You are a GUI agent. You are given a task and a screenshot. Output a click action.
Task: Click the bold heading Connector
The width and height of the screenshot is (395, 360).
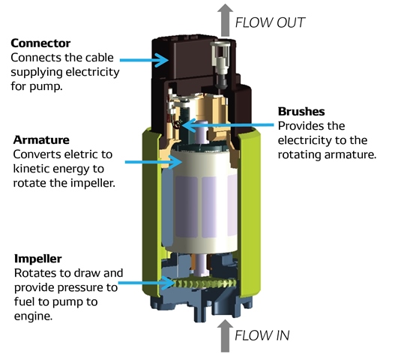pos(40,43)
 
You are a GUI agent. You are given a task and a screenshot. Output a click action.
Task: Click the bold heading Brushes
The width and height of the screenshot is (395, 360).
pos(301,112)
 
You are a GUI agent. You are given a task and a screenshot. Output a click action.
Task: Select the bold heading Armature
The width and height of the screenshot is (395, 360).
pos(41,140)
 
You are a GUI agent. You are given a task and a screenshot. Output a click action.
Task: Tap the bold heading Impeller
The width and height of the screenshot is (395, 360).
pos(37,259)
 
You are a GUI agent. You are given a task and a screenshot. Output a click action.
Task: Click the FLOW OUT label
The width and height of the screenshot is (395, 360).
pos(270,22)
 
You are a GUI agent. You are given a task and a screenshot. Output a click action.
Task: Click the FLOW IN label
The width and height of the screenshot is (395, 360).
pos(262,335)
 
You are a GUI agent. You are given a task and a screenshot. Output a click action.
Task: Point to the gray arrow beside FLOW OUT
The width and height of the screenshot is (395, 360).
pos(225,20)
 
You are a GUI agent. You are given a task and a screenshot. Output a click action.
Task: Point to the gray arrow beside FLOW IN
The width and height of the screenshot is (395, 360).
pos(225,335)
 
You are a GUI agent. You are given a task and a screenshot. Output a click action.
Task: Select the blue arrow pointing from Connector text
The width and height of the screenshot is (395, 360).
pos(144,60)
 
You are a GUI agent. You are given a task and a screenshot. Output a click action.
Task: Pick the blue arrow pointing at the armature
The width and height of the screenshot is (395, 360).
pos(154,162)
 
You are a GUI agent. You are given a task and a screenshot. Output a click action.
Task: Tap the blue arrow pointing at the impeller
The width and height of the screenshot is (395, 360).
pos(146,283)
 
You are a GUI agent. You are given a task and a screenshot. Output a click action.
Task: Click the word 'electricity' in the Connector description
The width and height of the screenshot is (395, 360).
pos(92,72)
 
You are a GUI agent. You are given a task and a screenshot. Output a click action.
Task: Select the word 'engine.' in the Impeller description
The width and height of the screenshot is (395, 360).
pos(33,316)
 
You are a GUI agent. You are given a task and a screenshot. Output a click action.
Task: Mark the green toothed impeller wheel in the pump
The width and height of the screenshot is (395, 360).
pos(205,283)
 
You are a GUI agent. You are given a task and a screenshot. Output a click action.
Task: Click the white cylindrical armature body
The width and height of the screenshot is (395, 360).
pos(199,202)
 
